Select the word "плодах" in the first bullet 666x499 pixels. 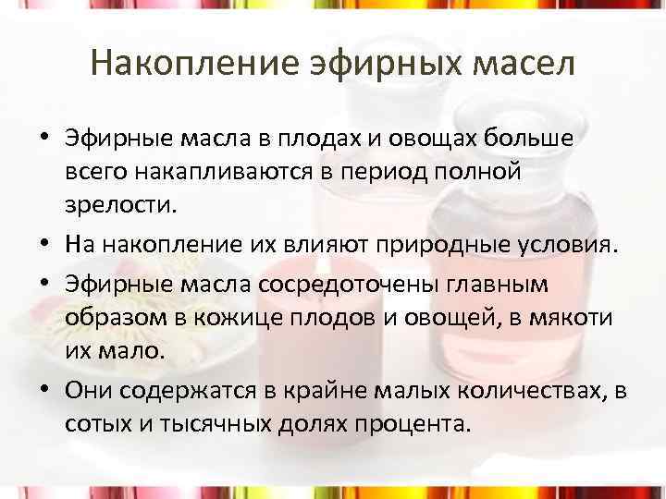point(314,139)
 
